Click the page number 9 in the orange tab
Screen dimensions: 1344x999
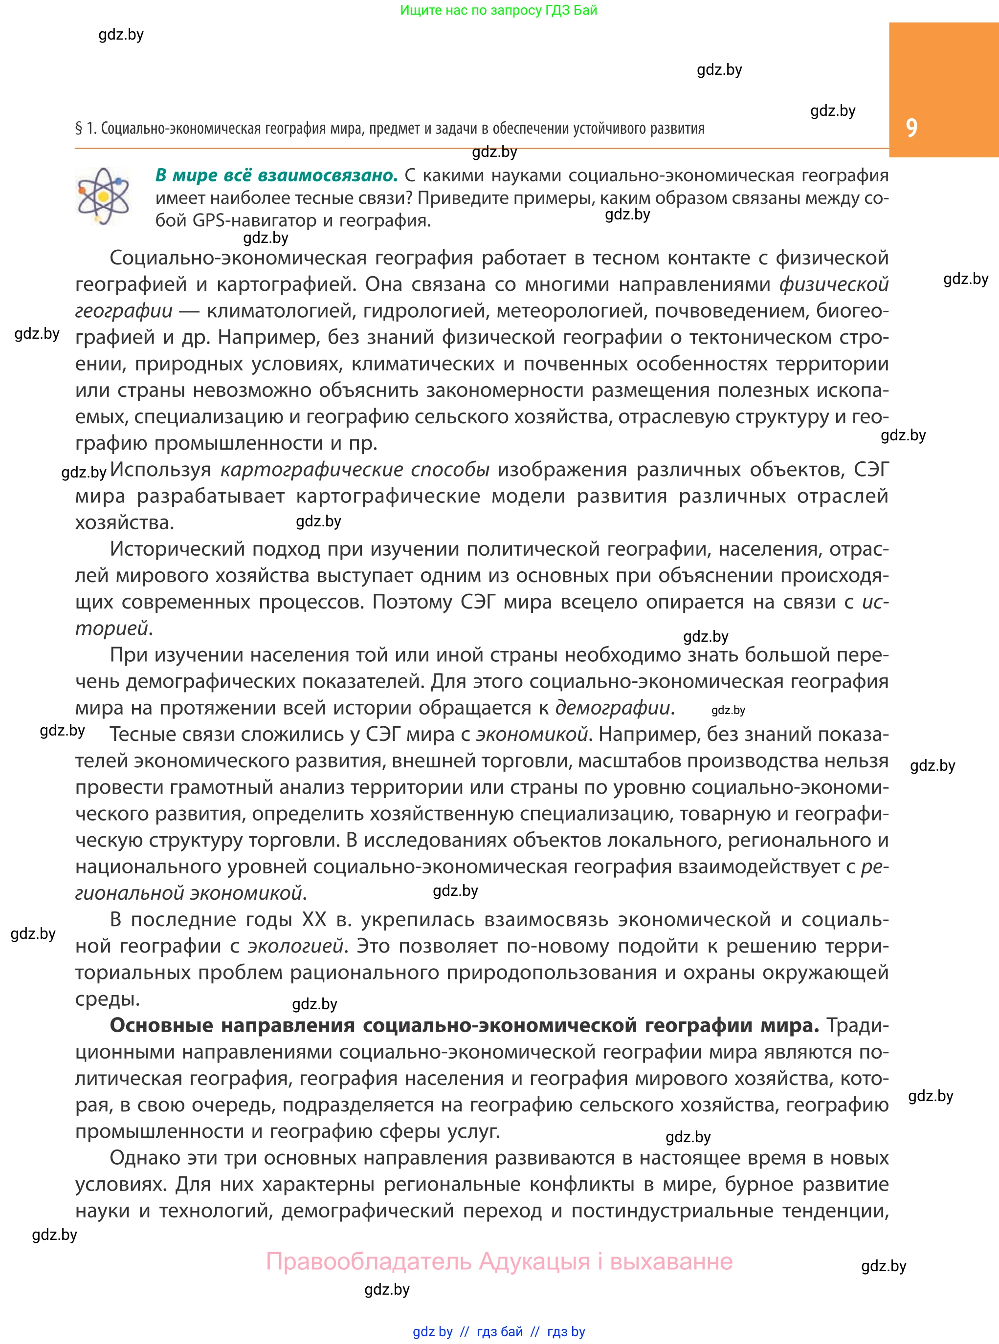click(911, 128)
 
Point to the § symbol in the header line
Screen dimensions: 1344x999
click(79, 128)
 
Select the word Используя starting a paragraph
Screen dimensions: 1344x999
click(161, 470)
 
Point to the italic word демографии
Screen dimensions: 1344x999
click(613, 708)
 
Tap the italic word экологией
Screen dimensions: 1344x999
click(296, 946)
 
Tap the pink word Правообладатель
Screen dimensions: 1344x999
click(369, 1262)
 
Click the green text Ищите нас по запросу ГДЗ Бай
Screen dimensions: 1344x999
click(499, 10)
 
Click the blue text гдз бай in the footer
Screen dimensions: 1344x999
click(500, 1332)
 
